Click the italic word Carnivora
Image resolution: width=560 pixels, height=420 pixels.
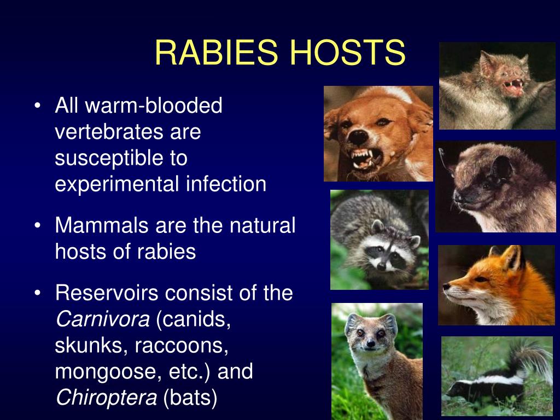coord(102,319)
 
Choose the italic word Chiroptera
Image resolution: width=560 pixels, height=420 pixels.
coord(106,398)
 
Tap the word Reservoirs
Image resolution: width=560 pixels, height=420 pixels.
coord(107,293)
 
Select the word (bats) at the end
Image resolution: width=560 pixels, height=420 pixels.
coord(190,398)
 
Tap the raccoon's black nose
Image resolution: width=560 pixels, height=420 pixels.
coord(381,265)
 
